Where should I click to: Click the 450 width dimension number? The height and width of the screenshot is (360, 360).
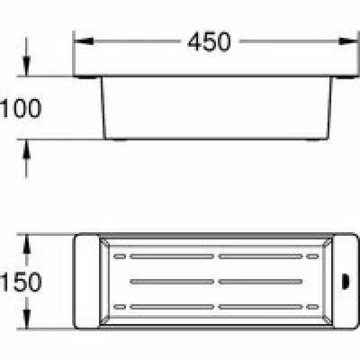209,41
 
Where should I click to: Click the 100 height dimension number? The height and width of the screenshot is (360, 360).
21,108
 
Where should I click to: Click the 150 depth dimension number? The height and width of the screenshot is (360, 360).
21,282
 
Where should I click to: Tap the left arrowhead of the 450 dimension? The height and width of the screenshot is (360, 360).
84,41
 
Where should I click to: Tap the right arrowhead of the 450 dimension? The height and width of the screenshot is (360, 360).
348,41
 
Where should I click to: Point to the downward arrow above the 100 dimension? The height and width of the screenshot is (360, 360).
27,57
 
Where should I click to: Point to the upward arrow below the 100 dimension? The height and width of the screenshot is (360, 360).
27,159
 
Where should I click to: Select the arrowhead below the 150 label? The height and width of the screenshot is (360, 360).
27,319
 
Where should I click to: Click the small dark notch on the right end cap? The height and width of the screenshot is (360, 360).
345,282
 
